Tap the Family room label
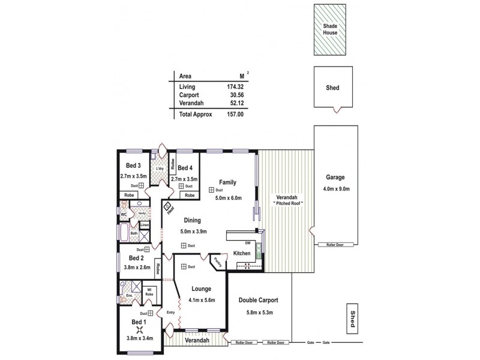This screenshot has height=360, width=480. click(227, 181)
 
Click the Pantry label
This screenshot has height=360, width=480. click(216, 262)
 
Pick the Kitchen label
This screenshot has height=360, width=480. click(242, 254)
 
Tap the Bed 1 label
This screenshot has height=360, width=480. click(139, 322)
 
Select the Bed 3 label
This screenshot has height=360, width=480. click(133, 166)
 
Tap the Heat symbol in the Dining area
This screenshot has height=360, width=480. click(169, 209)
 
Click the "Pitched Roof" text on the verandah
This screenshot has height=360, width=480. click(289, 204)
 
